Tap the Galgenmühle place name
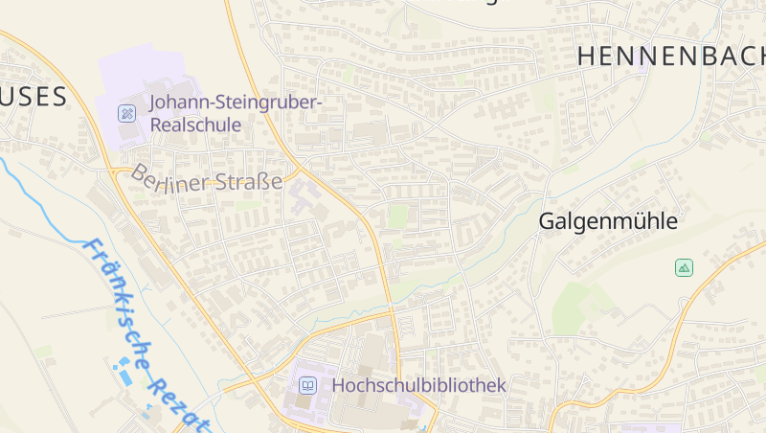tap(608, 221)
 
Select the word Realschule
tap(195, 125)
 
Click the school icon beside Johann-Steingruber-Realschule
tap(126, 113)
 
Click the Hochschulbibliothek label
tap(418, 385)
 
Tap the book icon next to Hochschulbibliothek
tap(308, 385)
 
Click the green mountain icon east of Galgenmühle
tap(684, 267)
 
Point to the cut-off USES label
tap(34, 97)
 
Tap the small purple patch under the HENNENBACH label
tap(641, 70)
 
